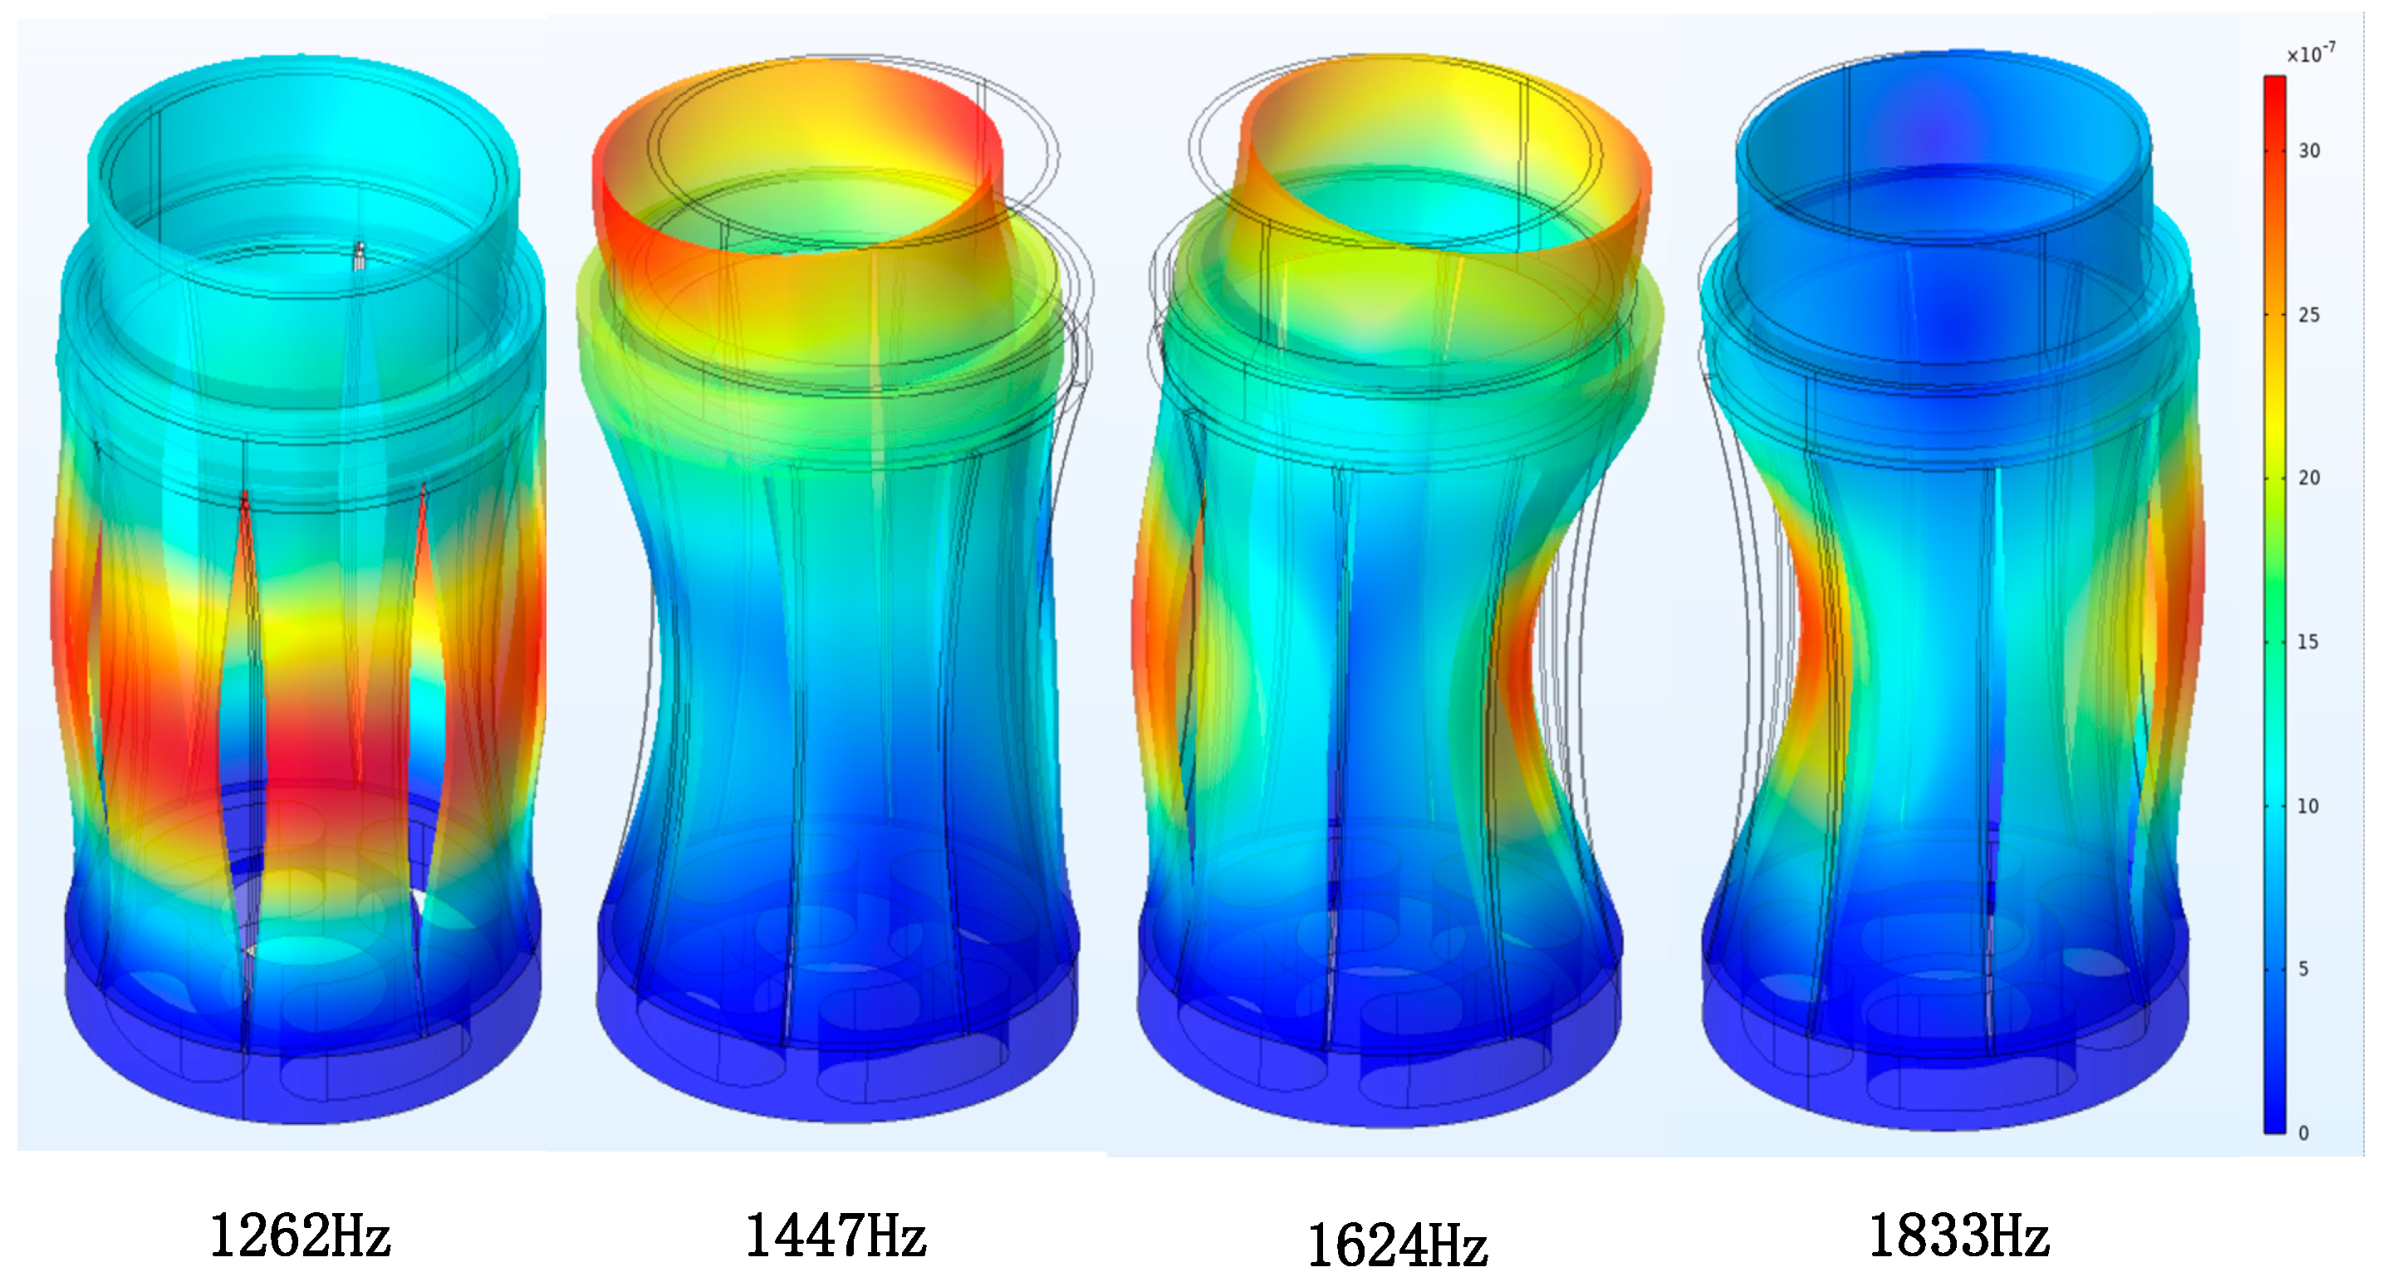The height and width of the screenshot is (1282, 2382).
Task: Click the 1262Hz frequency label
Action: (301, 1235)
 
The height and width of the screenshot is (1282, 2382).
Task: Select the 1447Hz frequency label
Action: (835, 1235)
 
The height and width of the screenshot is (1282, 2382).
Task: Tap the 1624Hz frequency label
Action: (1397, 1245)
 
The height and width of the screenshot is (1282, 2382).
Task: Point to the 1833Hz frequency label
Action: (1958, 1235)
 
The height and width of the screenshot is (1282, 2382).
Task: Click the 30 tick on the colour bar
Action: (2309, 150)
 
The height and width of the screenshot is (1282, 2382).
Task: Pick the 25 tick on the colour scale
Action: (2309, 315)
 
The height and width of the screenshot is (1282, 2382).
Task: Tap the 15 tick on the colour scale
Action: (2308, 641)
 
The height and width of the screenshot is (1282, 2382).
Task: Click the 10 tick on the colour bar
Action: (2308, 806)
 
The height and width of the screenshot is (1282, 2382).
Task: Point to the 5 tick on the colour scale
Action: (2303, 969)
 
